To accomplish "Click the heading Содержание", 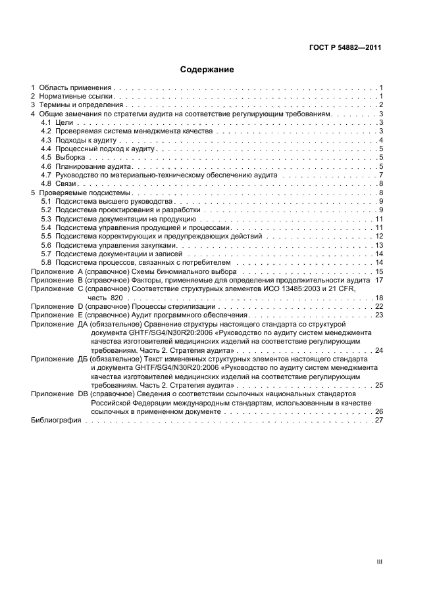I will [x=207, y=69].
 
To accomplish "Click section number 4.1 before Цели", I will [x=46, y=123].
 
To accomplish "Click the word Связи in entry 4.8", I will [x=66, y=184].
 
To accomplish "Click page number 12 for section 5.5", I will [x=379, y=236].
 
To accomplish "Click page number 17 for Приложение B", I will [x=379, y=280].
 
